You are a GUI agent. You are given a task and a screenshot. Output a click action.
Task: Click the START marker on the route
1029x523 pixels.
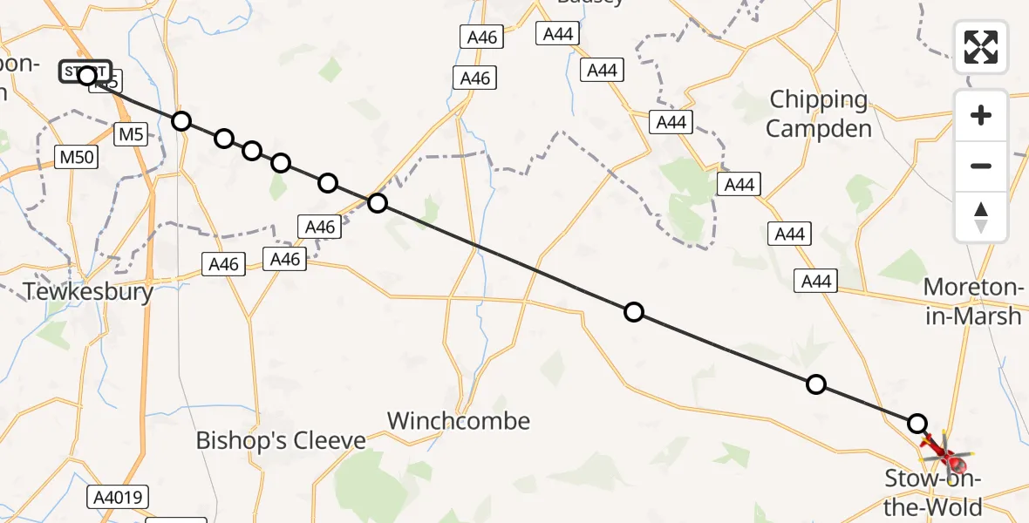pos(85,71)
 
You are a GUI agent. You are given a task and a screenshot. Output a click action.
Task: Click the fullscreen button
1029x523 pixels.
pos(981,47)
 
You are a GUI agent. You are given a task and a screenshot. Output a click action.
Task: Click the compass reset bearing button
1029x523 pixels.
pos(981,217)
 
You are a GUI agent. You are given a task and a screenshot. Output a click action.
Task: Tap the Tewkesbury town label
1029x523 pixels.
pos(89,291)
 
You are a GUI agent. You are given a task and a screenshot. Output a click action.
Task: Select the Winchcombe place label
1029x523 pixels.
pos(459,421)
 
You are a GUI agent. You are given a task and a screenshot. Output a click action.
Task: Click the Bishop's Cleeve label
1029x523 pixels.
pos(281,440)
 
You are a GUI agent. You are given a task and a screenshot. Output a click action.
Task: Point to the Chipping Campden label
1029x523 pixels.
pos(820,114)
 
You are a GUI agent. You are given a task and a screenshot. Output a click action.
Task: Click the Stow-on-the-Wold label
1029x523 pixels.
pos(933,492)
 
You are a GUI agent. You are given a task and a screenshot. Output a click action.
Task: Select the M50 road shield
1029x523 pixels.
pos(77,157)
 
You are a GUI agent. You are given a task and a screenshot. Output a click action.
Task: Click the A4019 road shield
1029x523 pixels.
pos(118,498)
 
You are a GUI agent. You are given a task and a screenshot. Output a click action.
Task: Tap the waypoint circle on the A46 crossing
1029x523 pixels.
pos(377,203)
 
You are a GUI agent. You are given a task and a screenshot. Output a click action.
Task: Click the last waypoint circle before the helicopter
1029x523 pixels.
pos(917,424)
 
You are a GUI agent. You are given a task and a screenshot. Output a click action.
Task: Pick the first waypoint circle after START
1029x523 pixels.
pos(181,120)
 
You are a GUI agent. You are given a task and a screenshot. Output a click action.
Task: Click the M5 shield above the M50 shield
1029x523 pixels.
pos(132,134)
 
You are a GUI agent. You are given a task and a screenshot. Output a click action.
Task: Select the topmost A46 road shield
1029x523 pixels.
pos(482,37)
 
